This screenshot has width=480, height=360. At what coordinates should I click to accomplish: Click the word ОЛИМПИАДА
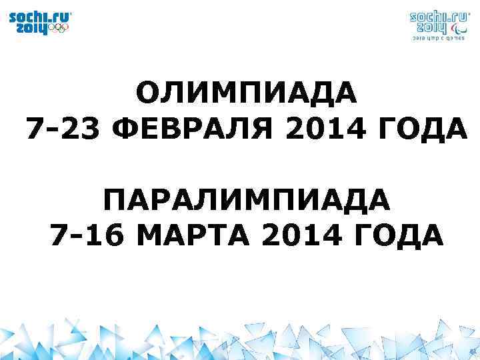tap(247, 93)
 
